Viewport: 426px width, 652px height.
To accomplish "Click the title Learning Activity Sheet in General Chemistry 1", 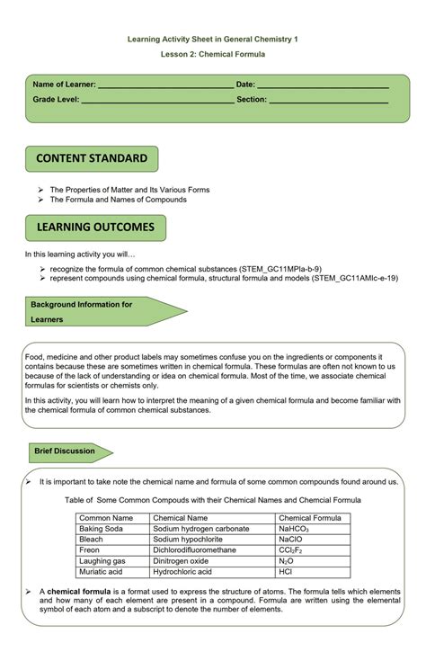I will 212,39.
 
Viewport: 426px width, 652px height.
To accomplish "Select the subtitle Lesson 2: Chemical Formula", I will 212,54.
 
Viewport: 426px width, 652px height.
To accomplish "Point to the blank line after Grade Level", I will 157,101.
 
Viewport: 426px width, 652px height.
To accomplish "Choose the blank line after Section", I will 329,101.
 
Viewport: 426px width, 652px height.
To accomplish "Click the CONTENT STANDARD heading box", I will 92,159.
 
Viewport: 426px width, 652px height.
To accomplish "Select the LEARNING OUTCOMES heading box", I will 95,228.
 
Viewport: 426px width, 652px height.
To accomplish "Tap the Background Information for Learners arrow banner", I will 99,311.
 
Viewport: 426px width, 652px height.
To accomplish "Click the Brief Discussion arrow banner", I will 68,451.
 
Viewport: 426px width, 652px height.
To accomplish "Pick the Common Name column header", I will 106,518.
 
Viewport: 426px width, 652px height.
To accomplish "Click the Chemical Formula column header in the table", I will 308,518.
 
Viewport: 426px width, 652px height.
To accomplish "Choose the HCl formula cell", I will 286,572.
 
